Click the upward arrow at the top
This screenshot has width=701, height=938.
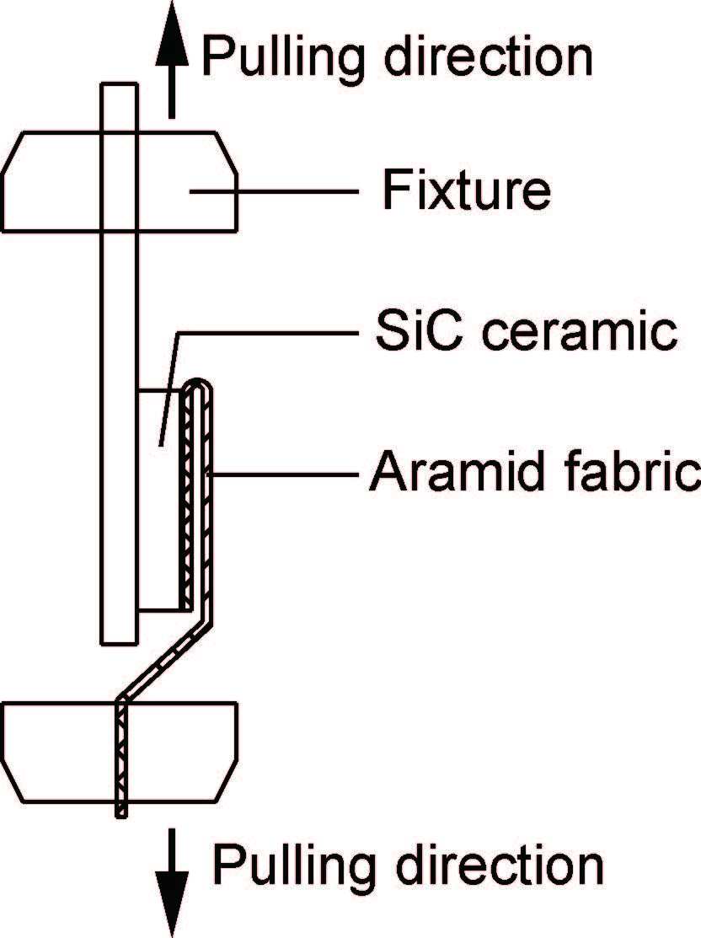tap(171, 59)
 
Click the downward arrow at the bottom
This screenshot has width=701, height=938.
tap(172, 876)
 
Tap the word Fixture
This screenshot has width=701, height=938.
tap(466, 191)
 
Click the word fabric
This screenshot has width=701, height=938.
tap(623, 474)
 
